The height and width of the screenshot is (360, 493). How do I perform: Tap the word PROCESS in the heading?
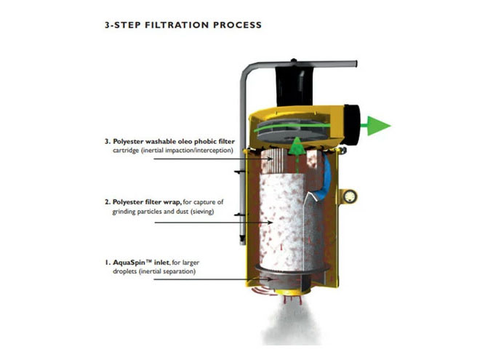tap(237, 25)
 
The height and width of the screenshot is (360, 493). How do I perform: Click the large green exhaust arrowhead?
tap(379, 126)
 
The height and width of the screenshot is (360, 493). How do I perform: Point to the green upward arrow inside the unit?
tap(297, 154)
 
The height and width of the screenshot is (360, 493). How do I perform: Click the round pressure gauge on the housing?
tap(350, 197)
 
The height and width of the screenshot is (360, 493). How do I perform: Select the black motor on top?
tap(294, 85)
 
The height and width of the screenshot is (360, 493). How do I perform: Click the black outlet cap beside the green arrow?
tap(352, 123)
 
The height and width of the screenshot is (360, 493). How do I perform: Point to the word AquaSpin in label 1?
tap(129, 263)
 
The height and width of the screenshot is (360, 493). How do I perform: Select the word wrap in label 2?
tap(172, 202)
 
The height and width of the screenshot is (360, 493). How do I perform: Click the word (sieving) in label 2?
tap(202, 212)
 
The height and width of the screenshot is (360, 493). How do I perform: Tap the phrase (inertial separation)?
tap(167, 271)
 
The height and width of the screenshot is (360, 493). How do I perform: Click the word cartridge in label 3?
tap(126, 151)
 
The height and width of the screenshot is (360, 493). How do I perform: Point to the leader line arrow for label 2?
tap(214, 223)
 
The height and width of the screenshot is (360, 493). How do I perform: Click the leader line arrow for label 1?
tap(212, 279)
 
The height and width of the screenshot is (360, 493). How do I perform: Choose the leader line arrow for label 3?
tap(213, 159)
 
